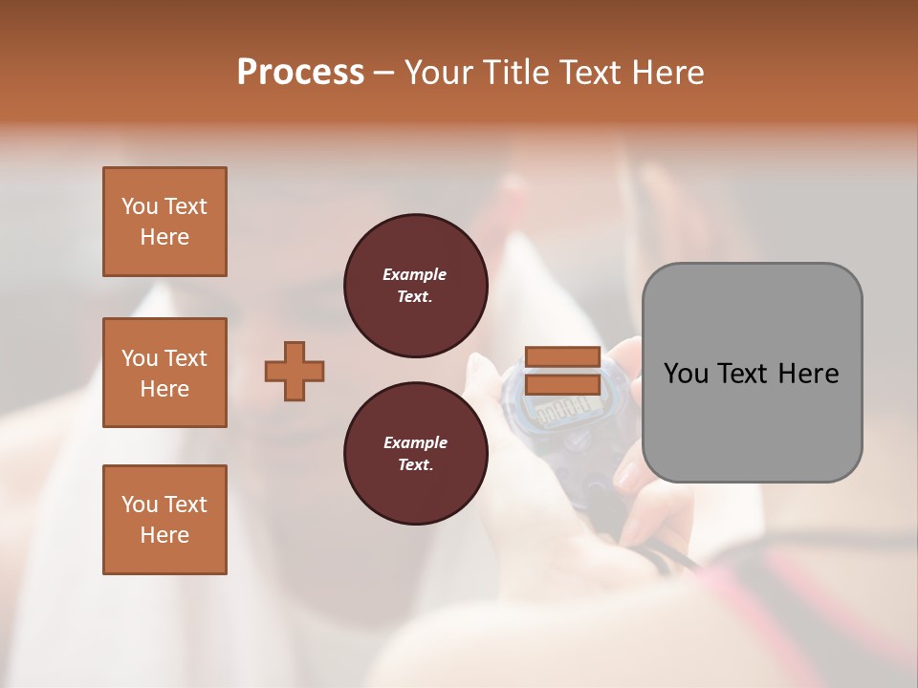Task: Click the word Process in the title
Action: click(300, 73)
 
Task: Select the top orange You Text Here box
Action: click(164, 222)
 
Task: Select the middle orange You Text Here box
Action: click(164, 373)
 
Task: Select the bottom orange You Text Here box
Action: click(164, 520)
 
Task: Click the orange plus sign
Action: click(295, 371)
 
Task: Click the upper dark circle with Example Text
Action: click(415, 286)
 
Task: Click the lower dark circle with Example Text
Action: click(415, 454)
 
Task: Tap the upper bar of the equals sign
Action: click(562, 357)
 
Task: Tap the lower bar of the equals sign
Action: click(562, 384)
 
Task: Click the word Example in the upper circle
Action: click(415, 274)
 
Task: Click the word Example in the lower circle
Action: click(415, 442)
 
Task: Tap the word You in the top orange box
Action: click(140, 206)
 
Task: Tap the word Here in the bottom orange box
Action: click(164, 535)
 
